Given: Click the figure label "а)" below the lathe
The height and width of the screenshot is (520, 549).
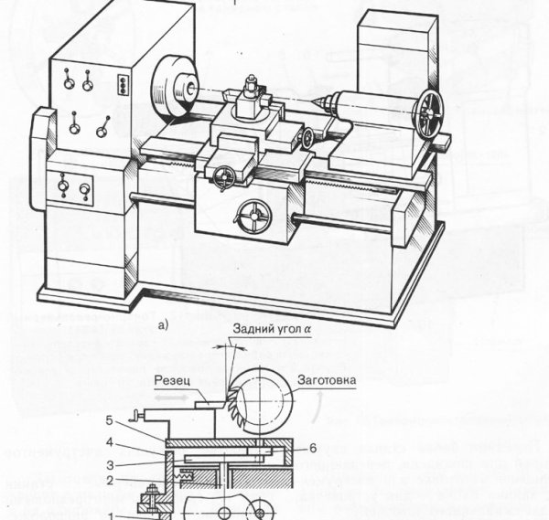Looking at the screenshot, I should pyautogui.click(x=164, y=323).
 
